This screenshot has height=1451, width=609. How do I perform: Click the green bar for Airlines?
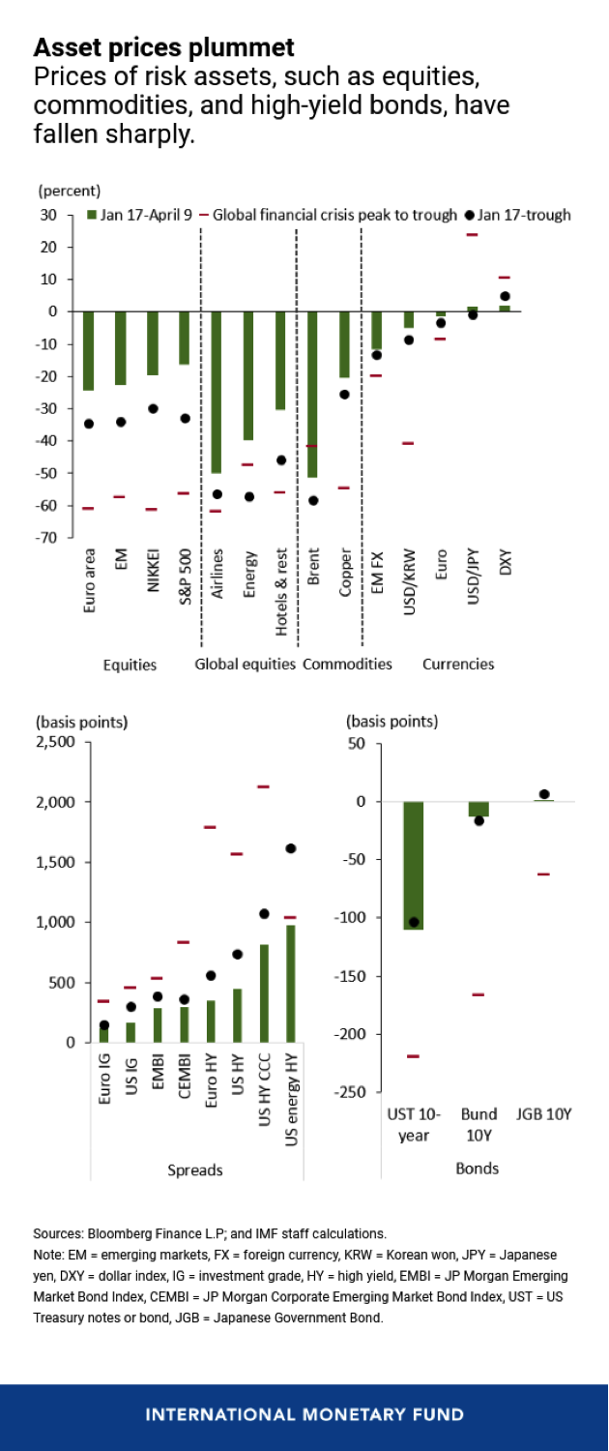(x=217, y=392)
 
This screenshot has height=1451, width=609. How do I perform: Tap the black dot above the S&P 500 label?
(x=185, y=418)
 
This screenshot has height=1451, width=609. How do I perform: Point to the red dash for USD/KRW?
(x=408, y=443)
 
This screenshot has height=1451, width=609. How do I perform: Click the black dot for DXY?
(x=505, y=296)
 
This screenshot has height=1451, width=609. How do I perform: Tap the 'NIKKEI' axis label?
(x=153, y=578)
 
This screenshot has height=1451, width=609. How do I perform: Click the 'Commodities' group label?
(x=347, y=665)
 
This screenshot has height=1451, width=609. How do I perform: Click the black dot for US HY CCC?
(x=264, y=913)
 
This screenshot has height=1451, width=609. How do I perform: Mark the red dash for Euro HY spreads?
(x=210, y=827)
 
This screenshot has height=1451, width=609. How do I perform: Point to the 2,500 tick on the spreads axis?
(x=54, y=742)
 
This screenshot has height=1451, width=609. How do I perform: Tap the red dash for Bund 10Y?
(x=478, y=994)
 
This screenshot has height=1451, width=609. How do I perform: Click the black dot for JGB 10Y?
(x=543, y=794)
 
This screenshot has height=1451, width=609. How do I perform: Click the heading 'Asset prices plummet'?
(x=164, y=46)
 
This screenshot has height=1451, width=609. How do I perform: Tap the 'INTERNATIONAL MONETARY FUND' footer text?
(x=304, y=1414)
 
